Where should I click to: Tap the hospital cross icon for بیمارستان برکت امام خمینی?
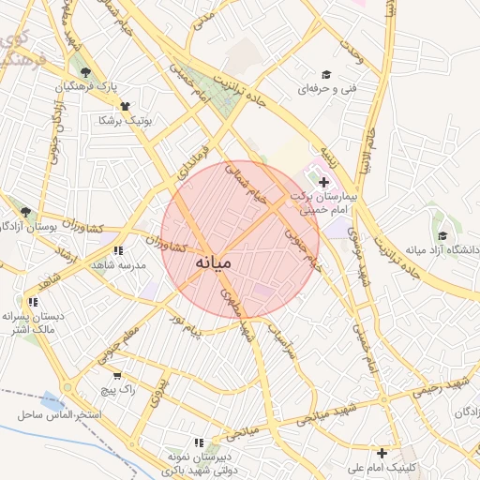click(323, 180)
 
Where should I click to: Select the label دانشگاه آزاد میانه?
click(442, 249)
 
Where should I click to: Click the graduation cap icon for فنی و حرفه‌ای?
click(326, 75)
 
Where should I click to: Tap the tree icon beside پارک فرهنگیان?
click(86, 72)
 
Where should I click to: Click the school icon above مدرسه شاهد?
click(117, 251)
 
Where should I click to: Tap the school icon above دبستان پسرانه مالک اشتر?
click(34, 302)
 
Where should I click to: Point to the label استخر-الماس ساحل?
click(58, 413)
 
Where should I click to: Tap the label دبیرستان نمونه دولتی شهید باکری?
click(198, 459)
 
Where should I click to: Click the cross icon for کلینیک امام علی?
click(382, 453)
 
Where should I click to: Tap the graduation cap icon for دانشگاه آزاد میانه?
click(442, 235)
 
